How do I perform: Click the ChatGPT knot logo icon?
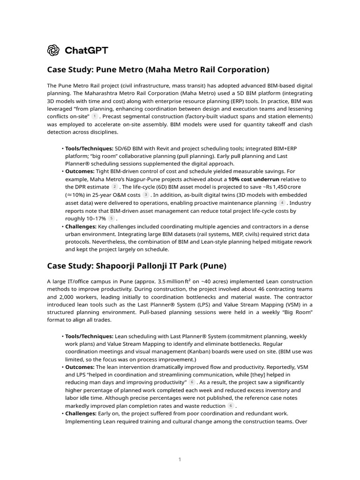(x=53, y=50)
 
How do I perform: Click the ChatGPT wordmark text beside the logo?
(x=86, y=50)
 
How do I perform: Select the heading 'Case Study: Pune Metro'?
(x=158, y=70)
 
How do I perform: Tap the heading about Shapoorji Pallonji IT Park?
(x=136, y=266)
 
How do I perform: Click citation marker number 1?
(x=95, y=116)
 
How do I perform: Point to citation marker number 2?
(x=114, y=187)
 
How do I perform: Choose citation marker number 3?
(x=146, y=195)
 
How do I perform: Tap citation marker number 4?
(x=282, y=202)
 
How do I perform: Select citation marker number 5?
(x=111, y=218)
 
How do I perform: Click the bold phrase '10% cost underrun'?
(x=254, y=179)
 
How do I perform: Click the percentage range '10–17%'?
(x=95, y=218)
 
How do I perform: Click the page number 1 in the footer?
(x=180, y=460)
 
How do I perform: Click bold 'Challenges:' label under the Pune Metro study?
(x=81, y=226)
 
